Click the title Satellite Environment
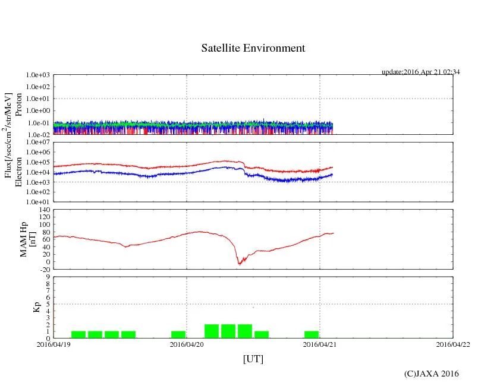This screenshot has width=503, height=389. click(253, 48)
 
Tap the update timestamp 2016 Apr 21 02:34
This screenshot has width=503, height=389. click(420, 72)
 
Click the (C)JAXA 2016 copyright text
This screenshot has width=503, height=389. click(431, 373)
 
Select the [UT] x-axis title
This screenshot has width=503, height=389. click(253, 359)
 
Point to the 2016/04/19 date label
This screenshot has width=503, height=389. click(54, 344)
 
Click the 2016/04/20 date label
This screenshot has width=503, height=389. click(187, 344)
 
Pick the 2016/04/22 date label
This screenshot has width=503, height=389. click(453, 344)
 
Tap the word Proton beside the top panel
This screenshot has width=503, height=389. click(18, 105)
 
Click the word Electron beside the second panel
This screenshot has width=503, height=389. click(18, 172)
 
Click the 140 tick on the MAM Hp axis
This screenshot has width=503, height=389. click(44, 210)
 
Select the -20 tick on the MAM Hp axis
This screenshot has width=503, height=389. click(43, 269)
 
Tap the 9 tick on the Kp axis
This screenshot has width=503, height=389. click(48, 276)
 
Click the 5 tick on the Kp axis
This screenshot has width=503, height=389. click(48, 304)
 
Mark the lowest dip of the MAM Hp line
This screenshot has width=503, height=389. click(240, 263)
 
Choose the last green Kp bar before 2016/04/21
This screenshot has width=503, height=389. click(312, 334)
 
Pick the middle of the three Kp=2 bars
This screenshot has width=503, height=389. click(228, 331)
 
